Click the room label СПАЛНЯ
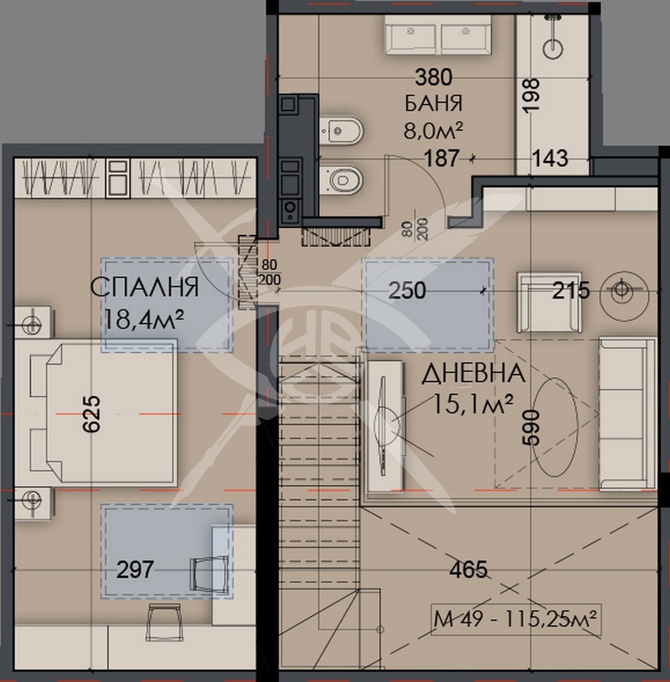(x=144, y=287)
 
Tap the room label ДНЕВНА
(x=473, y=374)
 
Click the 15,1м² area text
(x=473, y=402)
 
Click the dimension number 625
(x=91, y=414)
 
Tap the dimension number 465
(x=468, y=570)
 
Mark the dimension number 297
(x=136, y=570)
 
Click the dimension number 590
(x=532, y=428)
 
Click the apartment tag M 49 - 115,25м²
(x=515, y=620)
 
